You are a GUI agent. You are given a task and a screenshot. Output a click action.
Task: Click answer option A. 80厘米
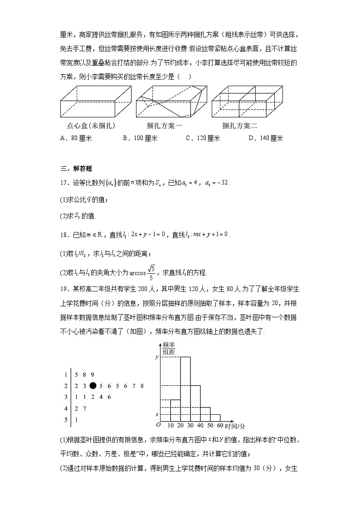(x=76, y=138)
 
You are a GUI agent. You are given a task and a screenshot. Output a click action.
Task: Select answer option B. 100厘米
(x=140, y=138)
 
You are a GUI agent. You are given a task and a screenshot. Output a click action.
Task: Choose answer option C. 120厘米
(x=203, y=138)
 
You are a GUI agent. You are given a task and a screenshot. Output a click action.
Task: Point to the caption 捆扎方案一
(x=165, y=126)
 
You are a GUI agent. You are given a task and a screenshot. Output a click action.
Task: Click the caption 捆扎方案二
(x=239, y=126)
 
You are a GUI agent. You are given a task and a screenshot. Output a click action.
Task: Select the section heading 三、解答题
(x=76, y=169)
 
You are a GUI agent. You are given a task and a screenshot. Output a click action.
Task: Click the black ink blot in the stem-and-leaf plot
(x=93, y=386)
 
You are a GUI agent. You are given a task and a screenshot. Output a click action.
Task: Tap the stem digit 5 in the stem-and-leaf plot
(x=66, y=420)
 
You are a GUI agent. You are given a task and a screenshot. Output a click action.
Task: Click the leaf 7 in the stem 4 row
(x=84, y=408)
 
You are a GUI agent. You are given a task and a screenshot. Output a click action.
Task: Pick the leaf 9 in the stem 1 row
(x=92, y=375)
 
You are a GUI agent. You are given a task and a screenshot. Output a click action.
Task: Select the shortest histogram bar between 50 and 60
(x=215, y=418)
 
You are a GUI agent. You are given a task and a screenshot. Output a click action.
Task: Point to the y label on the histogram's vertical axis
(x=157, y=357)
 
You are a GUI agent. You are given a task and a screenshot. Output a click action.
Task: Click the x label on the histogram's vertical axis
(x=157, y=414)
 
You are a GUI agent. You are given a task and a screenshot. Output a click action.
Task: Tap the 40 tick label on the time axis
(x=201, y=426)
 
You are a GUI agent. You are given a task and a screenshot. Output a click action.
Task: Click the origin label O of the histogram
(x=158, y=425)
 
